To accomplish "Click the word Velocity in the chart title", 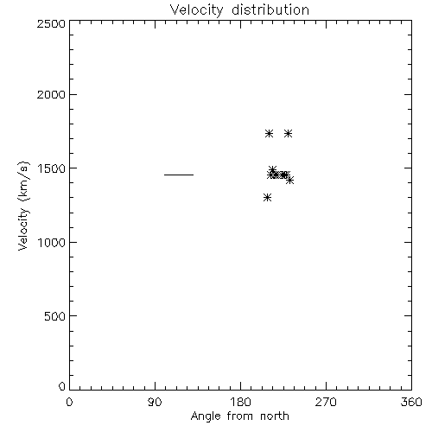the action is click(197, 10).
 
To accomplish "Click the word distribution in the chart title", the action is click(270, 10).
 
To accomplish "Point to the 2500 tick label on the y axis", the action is click(51, 23).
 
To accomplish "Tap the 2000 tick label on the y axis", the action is click(51, 94).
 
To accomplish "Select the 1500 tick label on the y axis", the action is click(52, 168).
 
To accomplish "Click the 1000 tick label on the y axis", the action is click(52, 243).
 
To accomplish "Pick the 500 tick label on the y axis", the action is click(55, 316).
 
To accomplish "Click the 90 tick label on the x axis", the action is click(155, 402).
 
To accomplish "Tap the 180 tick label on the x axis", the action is click(240, 402).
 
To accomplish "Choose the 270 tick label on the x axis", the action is click(326, 402).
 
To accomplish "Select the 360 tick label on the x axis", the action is click(411, 402).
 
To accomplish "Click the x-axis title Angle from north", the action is click(240, 416).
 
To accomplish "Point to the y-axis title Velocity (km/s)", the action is click(23, 206).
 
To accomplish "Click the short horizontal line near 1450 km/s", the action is click(179, 175).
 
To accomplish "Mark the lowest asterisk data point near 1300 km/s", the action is click(268, 198).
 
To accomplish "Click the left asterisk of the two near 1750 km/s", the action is click(269, 134).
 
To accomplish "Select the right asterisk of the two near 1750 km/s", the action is click(288, 134).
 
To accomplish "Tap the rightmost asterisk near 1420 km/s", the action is click(289, 181).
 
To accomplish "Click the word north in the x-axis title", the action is click(275, 416).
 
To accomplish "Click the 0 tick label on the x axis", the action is click(69, 402).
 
